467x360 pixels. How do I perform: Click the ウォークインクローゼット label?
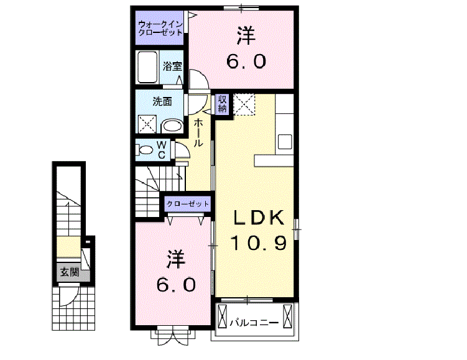pos(160,28)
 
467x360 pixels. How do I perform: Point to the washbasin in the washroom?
pos(172,126)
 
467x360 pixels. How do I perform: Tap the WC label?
pos(160,150)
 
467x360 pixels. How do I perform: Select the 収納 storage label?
pos(222,104)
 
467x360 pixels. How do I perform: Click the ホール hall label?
pos(198,133)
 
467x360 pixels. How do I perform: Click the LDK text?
pos(259,218)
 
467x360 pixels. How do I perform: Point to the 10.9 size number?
pos(259,242)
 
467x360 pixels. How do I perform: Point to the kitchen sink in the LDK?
pos(285,141)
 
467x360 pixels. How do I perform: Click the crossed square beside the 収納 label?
pos(245,103)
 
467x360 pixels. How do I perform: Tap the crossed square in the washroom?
pos(147,124)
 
